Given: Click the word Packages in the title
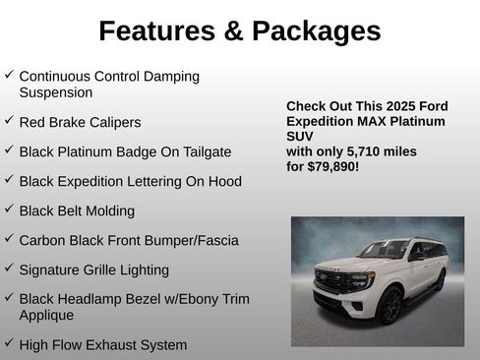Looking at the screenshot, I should (317, 31).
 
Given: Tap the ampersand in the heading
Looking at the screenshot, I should (232, 31).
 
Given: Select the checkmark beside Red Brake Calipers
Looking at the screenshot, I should (9, 120).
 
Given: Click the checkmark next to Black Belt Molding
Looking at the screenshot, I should (9, 209).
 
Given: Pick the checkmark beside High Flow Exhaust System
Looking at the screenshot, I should (9, 342).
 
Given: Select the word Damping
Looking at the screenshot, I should (166, 76).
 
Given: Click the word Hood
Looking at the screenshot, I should (222, 182).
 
